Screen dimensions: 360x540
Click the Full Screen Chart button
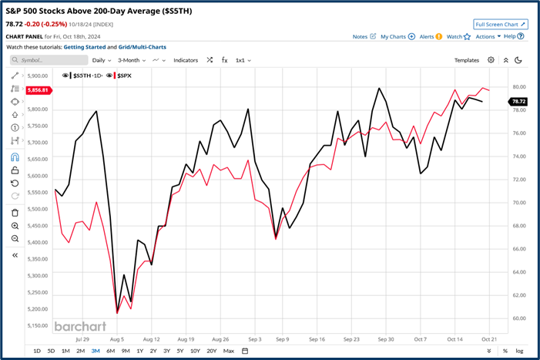click(501, 25)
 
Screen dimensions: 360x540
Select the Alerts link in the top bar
click(429, 36)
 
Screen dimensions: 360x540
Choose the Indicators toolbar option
click(186, 60)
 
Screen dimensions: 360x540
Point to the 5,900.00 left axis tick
click(37, 76)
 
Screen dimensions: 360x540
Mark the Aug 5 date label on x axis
click(117, 338)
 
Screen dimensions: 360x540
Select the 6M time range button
click(110, 351)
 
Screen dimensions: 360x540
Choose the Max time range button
click(229, 351)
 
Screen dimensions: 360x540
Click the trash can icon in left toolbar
click(15, 212)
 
